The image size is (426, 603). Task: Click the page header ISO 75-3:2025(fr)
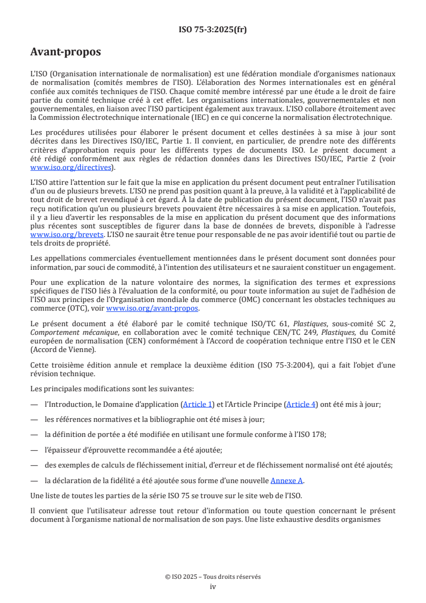213,30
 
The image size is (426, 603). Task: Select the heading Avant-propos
65,52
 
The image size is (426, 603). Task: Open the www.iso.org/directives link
71,168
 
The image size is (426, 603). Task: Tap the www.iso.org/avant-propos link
153,308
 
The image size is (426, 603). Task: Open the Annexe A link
287,480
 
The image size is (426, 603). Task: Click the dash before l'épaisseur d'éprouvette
34,450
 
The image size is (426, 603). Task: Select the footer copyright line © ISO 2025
213,577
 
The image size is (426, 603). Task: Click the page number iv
213,586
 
